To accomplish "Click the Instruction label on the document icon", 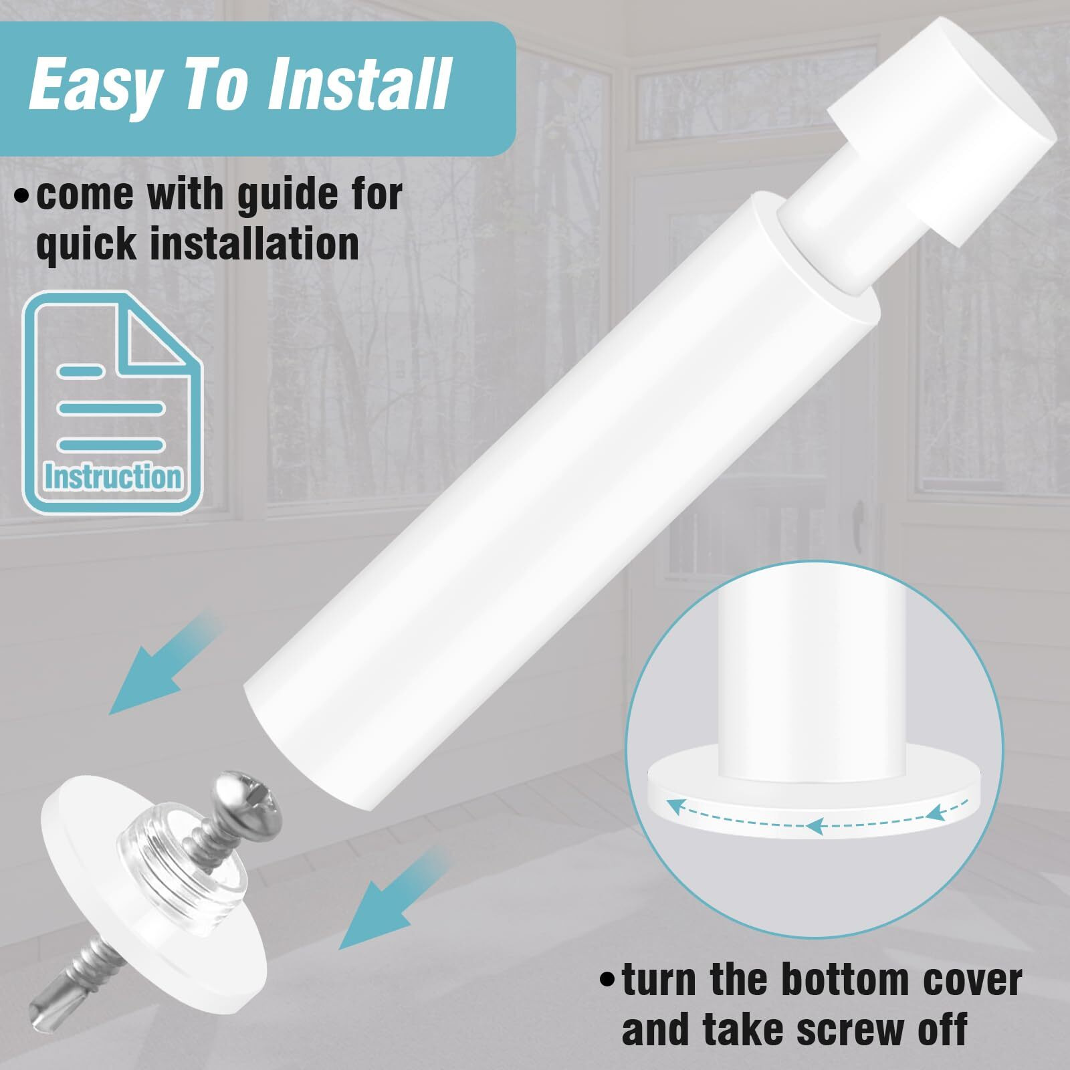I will click(x=113, y=477).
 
